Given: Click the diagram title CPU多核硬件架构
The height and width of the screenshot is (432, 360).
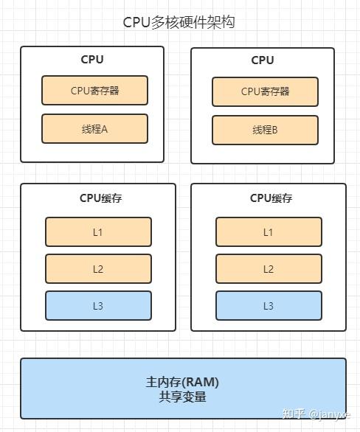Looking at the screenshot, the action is [x=179, y=22].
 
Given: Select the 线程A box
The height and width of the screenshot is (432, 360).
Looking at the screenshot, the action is [x=95, y=129].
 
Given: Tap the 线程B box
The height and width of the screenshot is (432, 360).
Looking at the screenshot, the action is [x=265, y=130].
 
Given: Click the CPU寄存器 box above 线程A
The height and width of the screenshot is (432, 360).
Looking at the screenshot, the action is [x=95, y=91].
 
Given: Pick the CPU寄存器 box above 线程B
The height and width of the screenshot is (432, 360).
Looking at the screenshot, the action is [x=265, y=91].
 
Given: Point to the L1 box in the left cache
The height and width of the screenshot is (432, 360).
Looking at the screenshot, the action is [x=98, y=232].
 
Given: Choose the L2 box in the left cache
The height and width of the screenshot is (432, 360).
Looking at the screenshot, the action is [x=98, y=269].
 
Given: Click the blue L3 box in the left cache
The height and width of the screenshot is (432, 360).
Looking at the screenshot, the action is [x=98, y=306].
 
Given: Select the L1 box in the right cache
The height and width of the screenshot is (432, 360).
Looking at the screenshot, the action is [x=269, y=232].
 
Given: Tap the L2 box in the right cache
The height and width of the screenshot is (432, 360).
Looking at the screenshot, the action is [x=269, y=269].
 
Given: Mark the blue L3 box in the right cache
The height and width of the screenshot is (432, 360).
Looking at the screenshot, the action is [x=269, y=306].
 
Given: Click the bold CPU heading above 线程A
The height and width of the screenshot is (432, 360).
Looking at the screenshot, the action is [x=92, y=59].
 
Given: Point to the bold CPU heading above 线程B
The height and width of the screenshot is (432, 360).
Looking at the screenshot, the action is [x=263, y=60].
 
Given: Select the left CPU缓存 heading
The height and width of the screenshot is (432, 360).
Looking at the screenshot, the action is [x=100, y=198].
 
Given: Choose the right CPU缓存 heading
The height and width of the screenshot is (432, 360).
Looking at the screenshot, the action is [x=271, y=198].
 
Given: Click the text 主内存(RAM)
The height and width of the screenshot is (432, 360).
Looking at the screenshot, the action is [x=182, y=382].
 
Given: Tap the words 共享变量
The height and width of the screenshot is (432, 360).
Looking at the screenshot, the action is [x=182, y=397].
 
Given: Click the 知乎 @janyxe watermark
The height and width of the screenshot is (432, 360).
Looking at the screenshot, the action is [x=316, y=414].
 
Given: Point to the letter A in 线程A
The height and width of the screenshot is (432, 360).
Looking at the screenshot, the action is [x=104, y=129].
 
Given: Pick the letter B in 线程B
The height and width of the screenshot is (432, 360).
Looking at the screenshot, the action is [x=274, y=130].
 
